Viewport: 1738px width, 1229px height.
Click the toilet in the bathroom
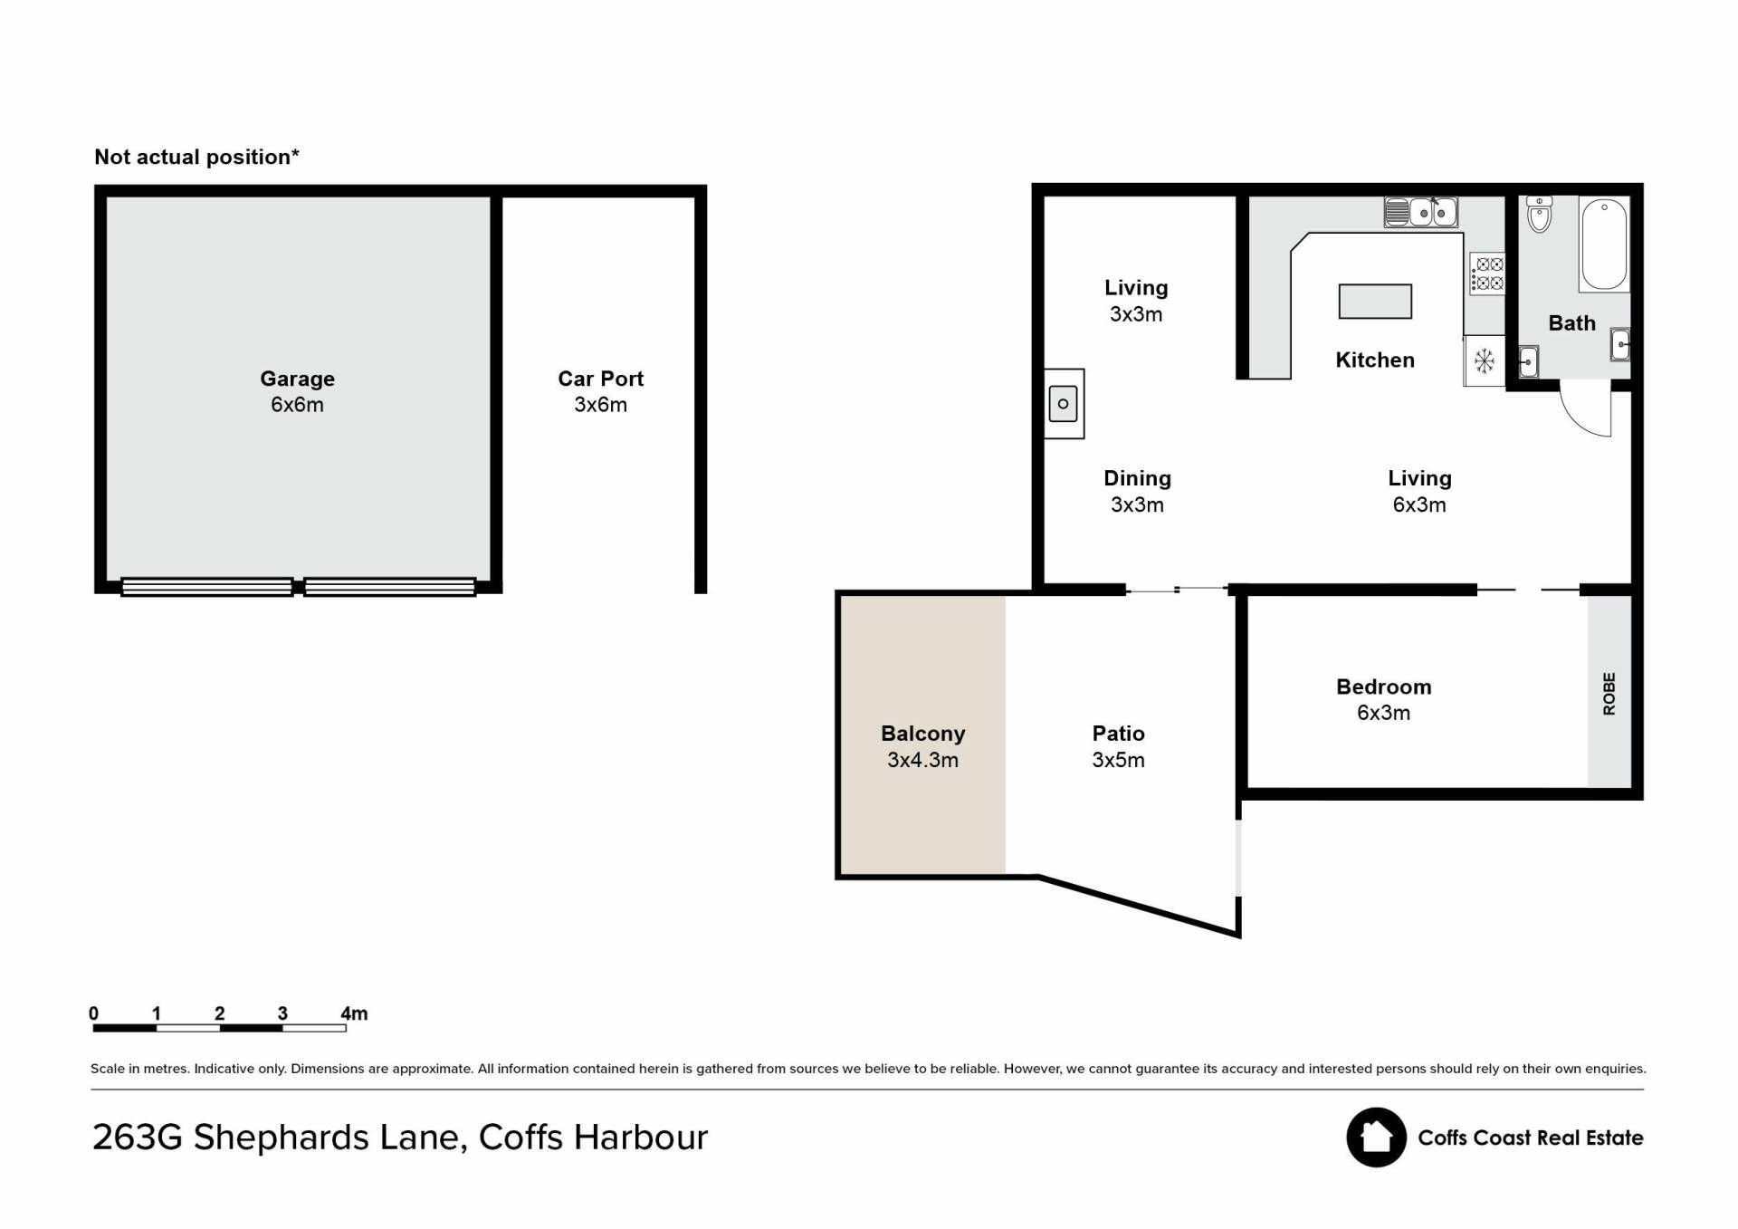pos(1539,214)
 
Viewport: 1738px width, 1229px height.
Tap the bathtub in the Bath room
pos(1604,244)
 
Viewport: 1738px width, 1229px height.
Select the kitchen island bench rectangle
pos(1375,302)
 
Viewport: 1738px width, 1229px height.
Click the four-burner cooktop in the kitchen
pos(1487,274)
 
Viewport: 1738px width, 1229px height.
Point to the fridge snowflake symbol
pos(1485,361)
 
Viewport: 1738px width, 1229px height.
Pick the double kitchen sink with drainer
pos(1420,212)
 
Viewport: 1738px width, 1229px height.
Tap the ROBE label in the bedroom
pos(1609,694)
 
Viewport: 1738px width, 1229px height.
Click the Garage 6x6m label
pos(297,391)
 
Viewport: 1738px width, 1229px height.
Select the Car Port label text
pos(600,379)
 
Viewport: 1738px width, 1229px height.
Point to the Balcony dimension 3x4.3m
pos(922,760)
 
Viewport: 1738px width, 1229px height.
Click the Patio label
pos(1118,734)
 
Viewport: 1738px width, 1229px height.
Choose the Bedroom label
pos(1383,687)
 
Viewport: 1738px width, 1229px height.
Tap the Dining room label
pos(1137,478)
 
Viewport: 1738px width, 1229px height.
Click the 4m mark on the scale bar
pos(354,1013)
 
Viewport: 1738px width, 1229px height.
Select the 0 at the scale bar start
pos(93,1013)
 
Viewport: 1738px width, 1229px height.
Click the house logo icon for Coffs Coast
pos(1376,1138)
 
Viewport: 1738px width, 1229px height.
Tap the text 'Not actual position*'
pos(196,157)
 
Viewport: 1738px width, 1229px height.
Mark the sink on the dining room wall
pos(1064,404)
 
